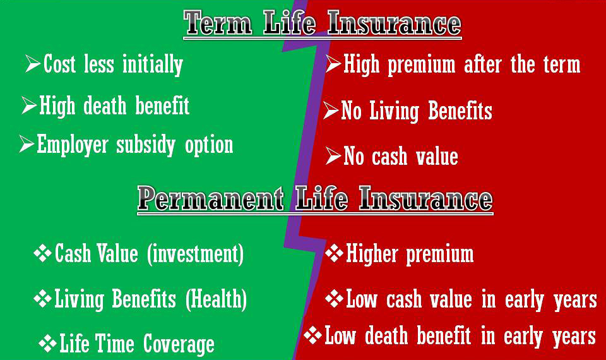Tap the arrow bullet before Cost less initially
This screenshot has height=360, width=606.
(33, 63)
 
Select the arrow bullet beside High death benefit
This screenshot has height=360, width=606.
(29, 105)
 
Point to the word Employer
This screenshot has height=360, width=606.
(72, 145)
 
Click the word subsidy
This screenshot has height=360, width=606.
(146, 145)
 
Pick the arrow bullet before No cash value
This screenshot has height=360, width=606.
(333, 155)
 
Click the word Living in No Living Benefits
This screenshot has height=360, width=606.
(394, 111)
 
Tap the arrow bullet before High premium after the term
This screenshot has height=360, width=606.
(333, 64)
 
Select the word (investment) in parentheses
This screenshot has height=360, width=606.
(196, 254)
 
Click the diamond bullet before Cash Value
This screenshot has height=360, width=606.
(42, 253)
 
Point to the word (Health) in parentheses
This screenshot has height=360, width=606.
(216, 299)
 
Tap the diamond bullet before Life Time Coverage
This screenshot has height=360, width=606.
(47, 344)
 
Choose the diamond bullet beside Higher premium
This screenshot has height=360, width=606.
(335, 253)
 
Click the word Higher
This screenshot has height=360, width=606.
(372, 254)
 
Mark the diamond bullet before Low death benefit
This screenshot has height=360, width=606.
(312, 335)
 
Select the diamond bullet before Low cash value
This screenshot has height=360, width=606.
(335, 298)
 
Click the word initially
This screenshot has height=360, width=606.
(153, 64)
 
